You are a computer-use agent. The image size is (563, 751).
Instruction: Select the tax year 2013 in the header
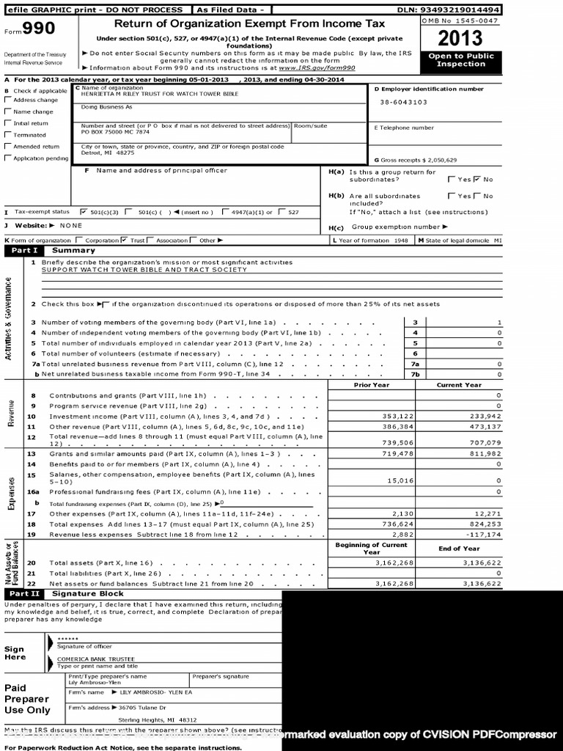coord(460,38)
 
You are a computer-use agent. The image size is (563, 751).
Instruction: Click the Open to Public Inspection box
coord(460,60)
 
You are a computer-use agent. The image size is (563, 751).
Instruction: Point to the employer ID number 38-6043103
coord(404,103)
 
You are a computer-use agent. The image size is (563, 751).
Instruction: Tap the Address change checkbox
coord(7,100)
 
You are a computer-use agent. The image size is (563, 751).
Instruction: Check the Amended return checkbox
coord(7,147)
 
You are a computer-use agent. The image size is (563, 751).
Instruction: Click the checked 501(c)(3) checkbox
coord(83,212)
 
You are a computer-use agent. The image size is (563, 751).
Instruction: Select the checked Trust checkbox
coord(124,240)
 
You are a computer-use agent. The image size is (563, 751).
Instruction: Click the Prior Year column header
coord(372,385)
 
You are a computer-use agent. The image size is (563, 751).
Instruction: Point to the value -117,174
coord(482,535)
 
